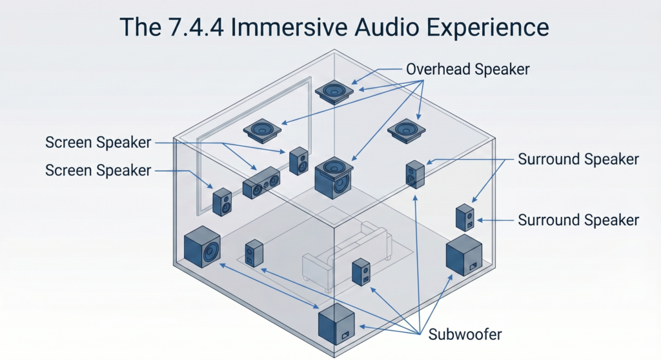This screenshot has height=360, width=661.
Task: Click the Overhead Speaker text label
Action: coord(467,69)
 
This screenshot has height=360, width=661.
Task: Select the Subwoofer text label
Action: coord(465,334)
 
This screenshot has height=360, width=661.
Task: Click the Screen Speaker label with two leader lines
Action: coord(98,142)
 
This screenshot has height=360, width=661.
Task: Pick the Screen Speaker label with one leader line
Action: coord(98,170)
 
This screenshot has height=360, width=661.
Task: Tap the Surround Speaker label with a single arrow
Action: coord(578,220)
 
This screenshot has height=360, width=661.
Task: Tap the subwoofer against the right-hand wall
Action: coord(463,255)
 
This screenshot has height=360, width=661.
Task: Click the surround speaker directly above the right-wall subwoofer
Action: coord(465,217)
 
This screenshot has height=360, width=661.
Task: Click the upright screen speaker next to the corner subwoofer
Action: coord(222,201)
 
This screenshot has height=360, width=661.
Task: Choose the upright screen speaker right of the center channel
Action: coord(299,161)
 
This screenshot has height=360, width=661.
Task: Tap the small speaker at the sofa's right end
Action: coord(361,272)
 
